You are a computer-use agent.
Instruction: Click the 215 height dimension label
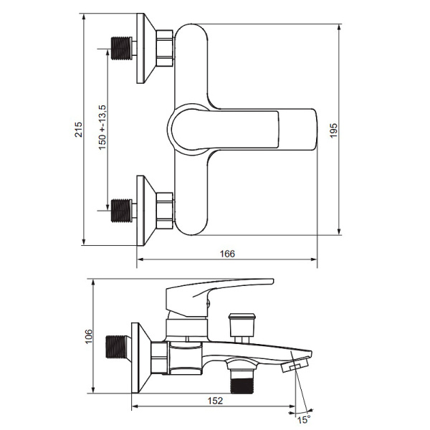click(79, 130)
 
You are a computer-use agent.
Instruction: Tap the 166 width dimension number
click(227, 254)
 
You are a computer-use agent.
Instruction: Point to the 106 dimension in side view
click(88, 336)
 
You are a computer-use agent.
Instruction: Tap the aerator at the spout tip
click(292, 367)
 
